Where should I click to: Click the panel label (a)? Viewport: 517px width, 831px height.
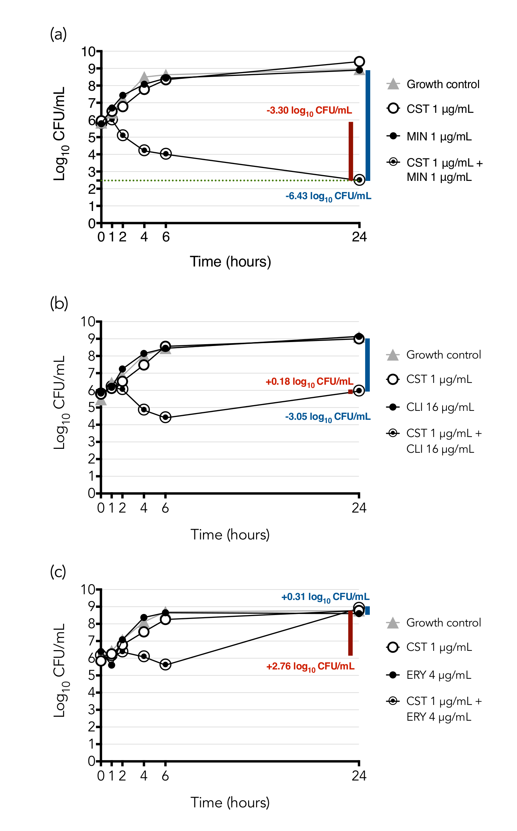point(58,34)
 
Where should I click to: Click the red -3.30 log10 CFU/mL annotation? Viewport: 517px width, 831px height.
point(309,111)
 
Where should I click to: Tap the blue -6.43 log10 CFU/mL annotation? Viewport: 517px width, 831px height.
point(328,196)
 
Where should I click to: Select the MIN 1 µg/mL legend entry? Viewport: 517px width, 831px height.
point(439,136)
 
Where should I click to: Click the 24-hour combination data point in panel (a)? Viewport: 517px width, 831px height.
point(359,180)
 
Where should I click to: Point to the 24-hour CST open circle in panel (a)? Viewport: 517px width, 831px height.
point(359,62)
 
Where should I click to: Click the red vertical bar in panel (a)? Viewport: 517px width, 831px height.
point(351,150)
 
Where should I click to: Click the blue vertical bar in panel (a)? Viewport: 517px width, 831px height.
point(368,125)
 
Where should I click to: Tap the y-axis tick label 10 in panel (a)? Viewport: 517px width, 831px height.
point(88,52)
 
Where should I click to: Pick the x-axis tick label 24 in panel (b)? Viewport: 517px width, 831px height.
point(359,508)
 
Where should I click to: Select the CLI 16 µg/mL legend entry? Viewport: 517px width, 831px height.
point(440,407)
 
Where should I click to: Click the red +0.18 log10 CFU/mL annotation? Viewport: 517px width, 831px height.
point(309,382)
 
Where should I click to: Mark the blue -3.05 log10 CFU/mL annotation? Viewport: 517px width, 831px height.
point(328,417)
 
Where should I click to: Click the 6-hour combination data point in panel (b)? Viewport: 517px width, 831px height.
point(165,417)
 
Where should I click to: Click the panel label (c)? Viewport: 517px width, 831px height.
point(58,572)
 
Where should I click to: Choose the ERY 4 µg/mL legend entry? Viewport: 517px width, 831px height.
point(438,675)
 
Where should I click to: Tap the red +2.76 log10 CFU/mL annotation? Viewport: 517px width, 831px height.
point(310,667)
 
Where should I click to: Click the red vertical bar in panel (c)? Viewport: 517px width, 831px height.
point(351,633)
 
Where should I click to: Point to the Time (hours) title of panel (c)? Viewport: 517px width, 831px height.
point(230,803)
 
